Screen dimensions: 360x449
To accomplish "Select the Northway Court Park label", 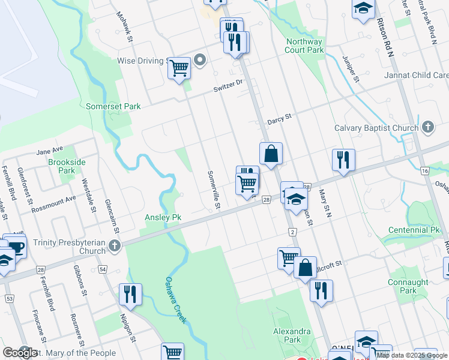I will tap(304, 46).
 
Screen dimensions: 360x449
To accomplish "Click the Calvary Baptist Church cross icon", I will tap(427, 127).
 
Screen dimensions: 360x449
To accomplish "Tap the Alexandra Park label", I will tap(292, 335).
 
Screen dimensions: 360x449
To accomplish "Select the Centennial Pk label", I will tap(414, 230).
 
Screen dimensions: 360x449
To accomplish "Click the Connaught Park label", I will tap(408, 286).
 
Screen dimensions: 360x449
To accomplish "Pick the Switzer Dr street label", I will tap(229, 87).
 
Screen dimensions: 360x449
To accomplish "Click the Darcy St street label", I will tap(279, 118).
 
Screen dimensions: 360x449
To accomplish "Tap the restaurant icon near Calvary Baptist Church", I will tap(343, 160).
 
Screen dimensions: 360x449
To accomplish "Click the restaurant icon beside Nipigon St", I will tap(130, 294).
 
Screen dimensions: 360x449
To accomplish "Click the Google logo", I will tap(20, 353).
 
